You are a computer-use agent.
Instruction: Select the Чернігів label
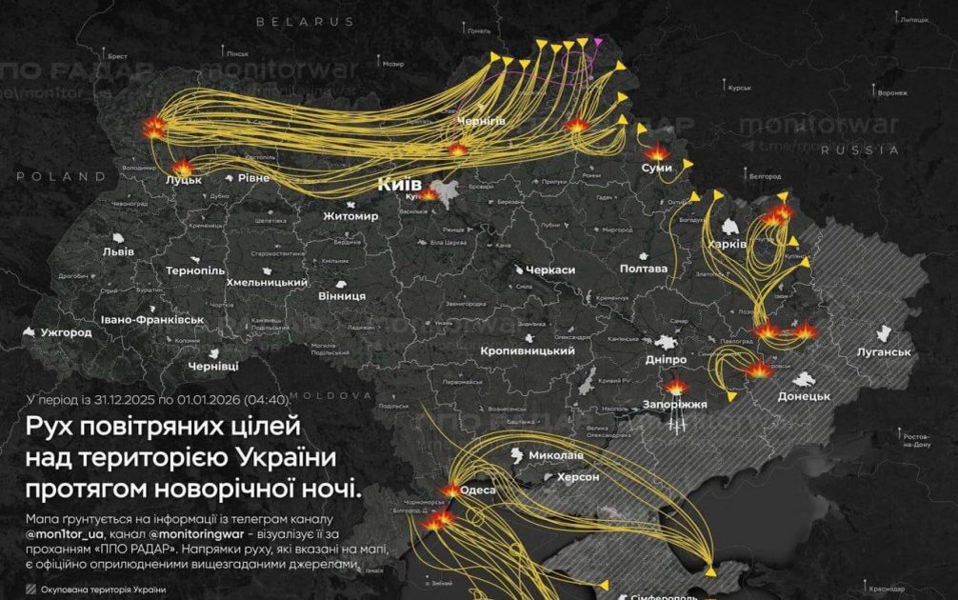point(481,122)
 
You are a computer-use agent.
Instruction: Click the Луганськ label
point(885,352)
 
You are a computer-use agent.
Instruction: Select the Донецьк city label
point(805,395)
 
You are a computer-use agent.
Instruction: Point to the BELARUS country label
point(305,21)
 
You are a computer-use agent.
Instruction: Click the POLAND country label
point(61,176)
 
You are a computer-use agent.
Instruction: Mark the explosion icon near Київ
point(429,194)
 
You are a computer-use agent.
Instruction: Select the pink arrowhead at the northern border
point(597,42)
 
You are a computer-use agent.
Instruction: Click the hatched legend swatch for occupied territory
point(32,590)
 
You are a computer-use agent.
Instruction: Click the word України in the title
point(285,458)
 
